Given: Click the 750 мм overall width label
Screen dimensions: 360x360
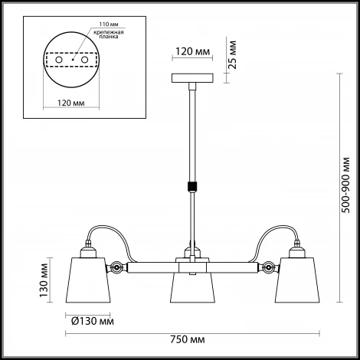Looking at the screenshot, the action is pyautogui.click(x=187, y=340).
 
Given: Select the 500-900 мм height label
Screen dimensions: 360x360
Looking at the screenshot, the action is pyautogui.click(x=345, y=185).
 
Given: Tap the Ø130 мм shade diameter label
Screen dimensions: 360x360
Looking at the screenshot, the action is pyautogui.click(x=93, y=322).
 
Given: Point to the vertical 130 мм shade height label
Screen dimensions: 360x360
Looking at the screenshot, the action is pyautogui.click(x=44, y=280).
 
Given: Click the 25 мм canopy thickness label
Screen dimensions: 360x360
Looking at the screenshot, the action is pyautogui.click(x=232, y=54).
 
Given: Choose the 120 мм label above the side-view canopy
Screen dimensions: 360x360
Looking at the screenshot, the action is pyautogui.click(x=192, y=51).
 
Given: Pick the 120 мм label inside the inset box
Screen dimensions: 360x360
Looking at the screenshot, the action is pyautogui.click(x=71, y=103).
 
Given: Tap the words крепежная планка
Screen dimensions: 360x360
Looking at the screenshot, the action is pyautogui.click(x=109, y=34).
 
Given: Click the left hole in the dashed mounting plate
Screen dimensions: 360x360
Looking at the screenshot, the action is pyautogui.click(x=59, y=60).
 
